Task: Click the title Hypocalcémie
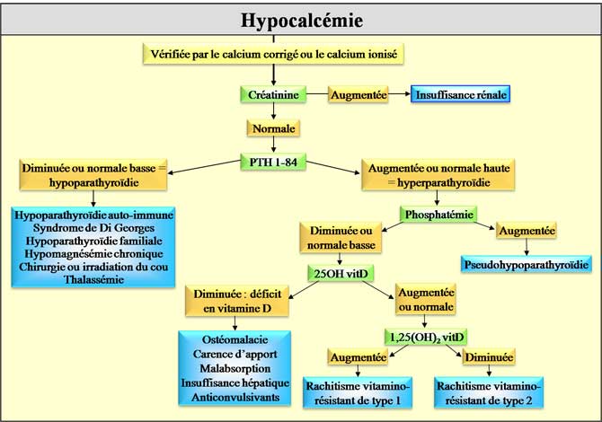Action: (301, 20)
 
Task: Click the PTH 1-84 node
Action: (275, 162)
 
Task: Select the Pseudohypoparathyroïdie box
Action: (526, 265)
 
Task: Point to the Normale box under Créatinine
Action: (274, 128)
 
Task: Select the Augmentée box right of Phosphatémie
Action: (527, 231)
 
